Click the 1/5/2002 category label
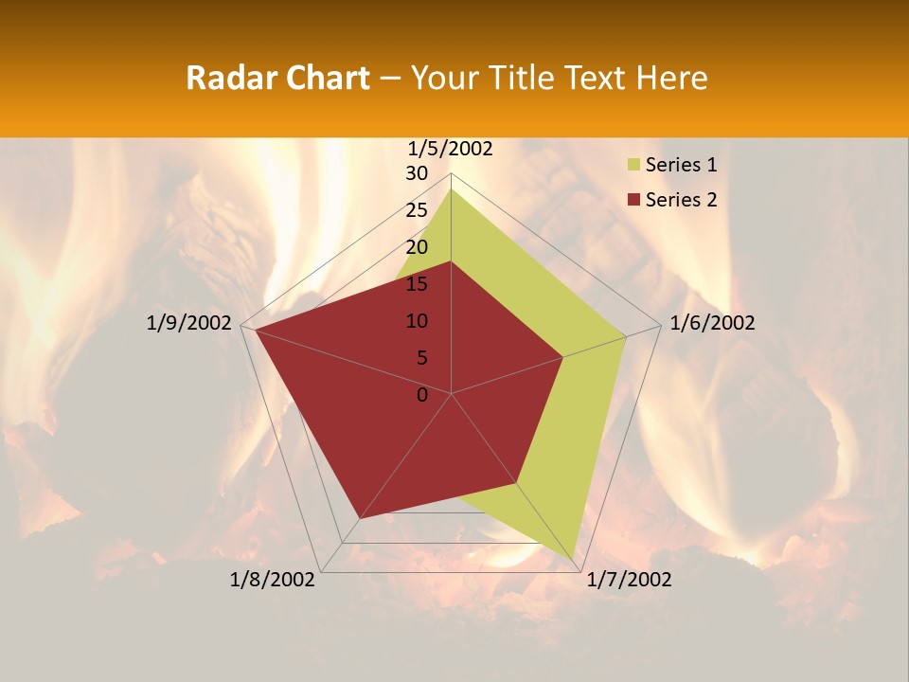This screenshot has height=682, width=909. point(450,148)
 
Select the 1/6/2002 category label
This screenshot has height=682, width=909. point(712,323)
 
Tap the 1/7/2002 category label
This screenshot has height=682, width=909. point(629,580)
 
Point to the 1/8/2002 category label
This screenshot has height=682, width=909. point(273,580)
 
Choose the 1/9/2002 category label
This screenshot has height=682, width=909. point(189,323)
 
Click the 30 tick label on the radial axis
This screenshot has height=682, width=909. point(417,173)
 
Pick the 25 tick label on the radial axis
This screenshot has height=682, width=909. point(417,210)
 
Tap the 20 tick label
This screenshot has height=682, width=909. point(417,247)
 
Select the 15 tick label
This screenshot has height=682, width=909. point(417,284)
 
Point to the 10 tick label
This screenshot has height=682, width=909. point(417,321)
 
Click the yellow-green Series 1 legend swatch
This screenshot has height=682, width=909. point(633,165)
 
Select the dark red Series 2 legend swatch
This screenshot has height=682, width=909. point(633,200)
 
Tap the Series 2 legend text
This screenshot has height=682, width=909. point(681,200)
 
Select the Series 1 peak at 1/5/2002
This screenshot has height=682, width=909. point(451,189)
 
